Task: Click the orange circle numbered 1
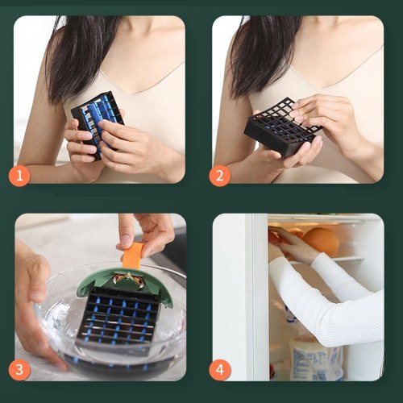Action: click(19, 176)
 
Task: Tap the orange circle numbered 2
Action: click(220, 176)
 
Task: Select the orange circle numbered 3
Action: click(19, 370)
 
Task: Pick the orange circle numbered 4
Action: click(220, 370)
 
